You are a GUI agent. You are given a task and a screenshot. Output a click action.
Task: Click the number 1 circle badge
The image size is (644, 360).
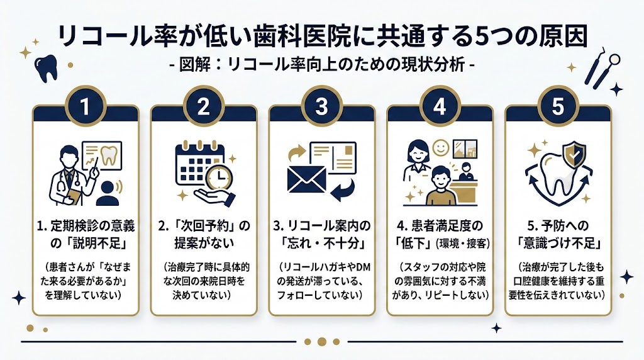85,105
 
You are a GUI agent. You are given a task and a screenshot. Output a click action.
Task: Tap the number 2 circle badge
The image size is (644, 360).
203,105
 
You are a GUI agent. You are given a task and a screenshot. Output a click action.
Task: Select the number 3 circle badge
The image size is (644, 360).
321,105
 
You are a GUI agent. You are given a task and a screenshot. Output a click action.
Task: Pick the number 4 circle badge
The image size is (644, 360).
440,105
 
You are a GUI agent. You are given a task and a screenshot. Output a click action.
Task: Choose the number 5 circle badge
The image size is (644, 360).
558,105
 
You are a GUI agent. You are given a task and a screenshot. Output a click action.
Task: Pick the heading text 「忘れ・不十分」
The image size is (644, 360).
321,242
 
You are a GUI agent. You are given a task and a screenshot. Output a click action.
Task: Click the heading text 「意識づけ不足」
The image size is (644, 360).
558,242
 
